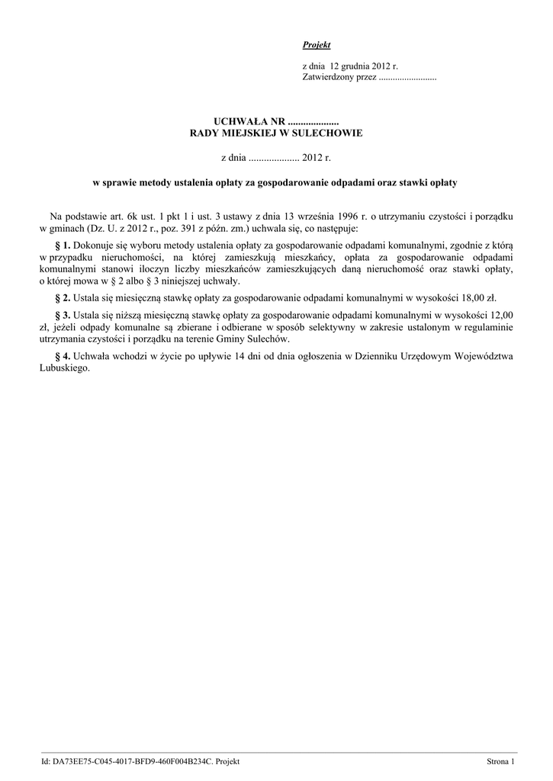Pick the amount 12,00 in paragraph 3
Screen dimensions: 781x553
pos(500,315)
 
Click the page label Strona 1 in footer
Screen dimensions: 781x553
pos(501,762)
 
